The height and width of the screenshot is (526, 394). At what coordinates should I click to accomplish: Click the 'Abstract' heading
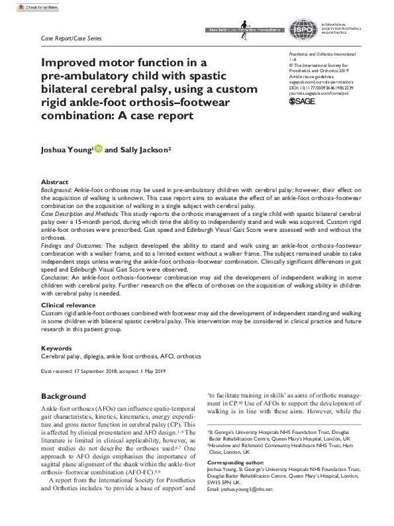click(x=54, y=182)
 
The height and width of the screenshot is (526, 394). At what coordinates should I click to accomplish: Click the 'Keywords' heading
click(x=56, y=348)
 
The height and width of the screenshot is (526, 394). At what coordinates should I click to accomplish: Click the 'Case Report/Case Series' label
click(x=71, y=38)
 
